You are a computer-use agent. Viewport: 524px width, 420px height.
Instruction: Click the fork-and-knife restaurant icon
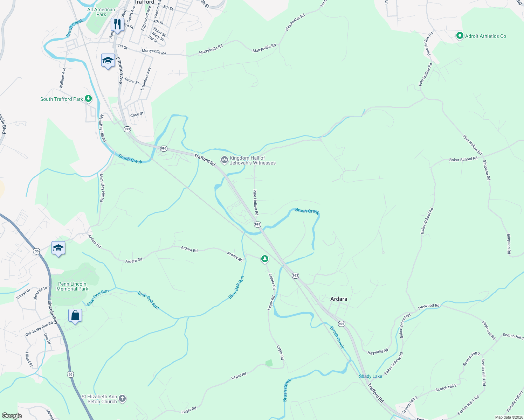point(117,24)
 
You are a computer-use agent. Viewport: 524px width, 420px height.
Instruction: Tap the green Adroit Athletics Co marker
point(460,36)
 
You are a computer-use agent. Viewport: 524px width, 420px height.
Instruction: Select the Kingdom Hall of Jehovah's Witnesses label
point(252,160)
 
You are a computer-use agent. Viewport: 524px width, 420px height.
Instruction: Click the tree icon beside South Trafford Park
point(88,99)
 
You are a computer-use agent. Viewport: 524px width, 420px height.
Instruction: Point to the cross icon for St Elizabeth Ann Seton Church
point(122,399)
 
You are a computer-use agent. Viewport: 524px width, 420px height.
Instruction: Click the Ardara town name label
point(339,299)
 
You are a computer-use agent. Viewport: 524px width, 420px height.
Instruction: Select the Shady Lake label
point(370,376)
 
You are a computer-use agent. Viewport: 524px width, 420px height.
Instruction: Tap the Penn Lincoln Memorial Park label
point(72,286)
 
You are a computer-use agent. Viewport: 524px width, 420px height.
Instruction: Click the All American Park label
point(101,12)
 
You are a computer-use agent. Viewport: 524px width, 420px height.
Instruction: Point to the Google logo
point(12,416)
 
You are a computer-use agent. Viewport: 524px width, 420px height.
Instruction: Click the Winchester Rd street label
point(295,22)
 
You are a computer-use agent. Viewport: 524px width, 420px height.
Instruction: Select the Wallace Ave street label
point(62,78)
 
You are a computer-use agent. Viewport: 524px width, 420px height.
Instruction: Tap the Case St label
point(137,114)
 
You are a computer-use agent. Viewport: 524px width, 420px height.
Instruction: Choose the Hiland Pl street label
point(28,360)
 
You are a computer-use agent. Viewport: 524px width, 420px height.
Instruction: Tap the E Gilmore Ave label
point(146,79)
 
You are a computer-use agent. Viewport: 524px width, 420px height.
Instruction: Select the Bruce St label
point(132,81)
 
